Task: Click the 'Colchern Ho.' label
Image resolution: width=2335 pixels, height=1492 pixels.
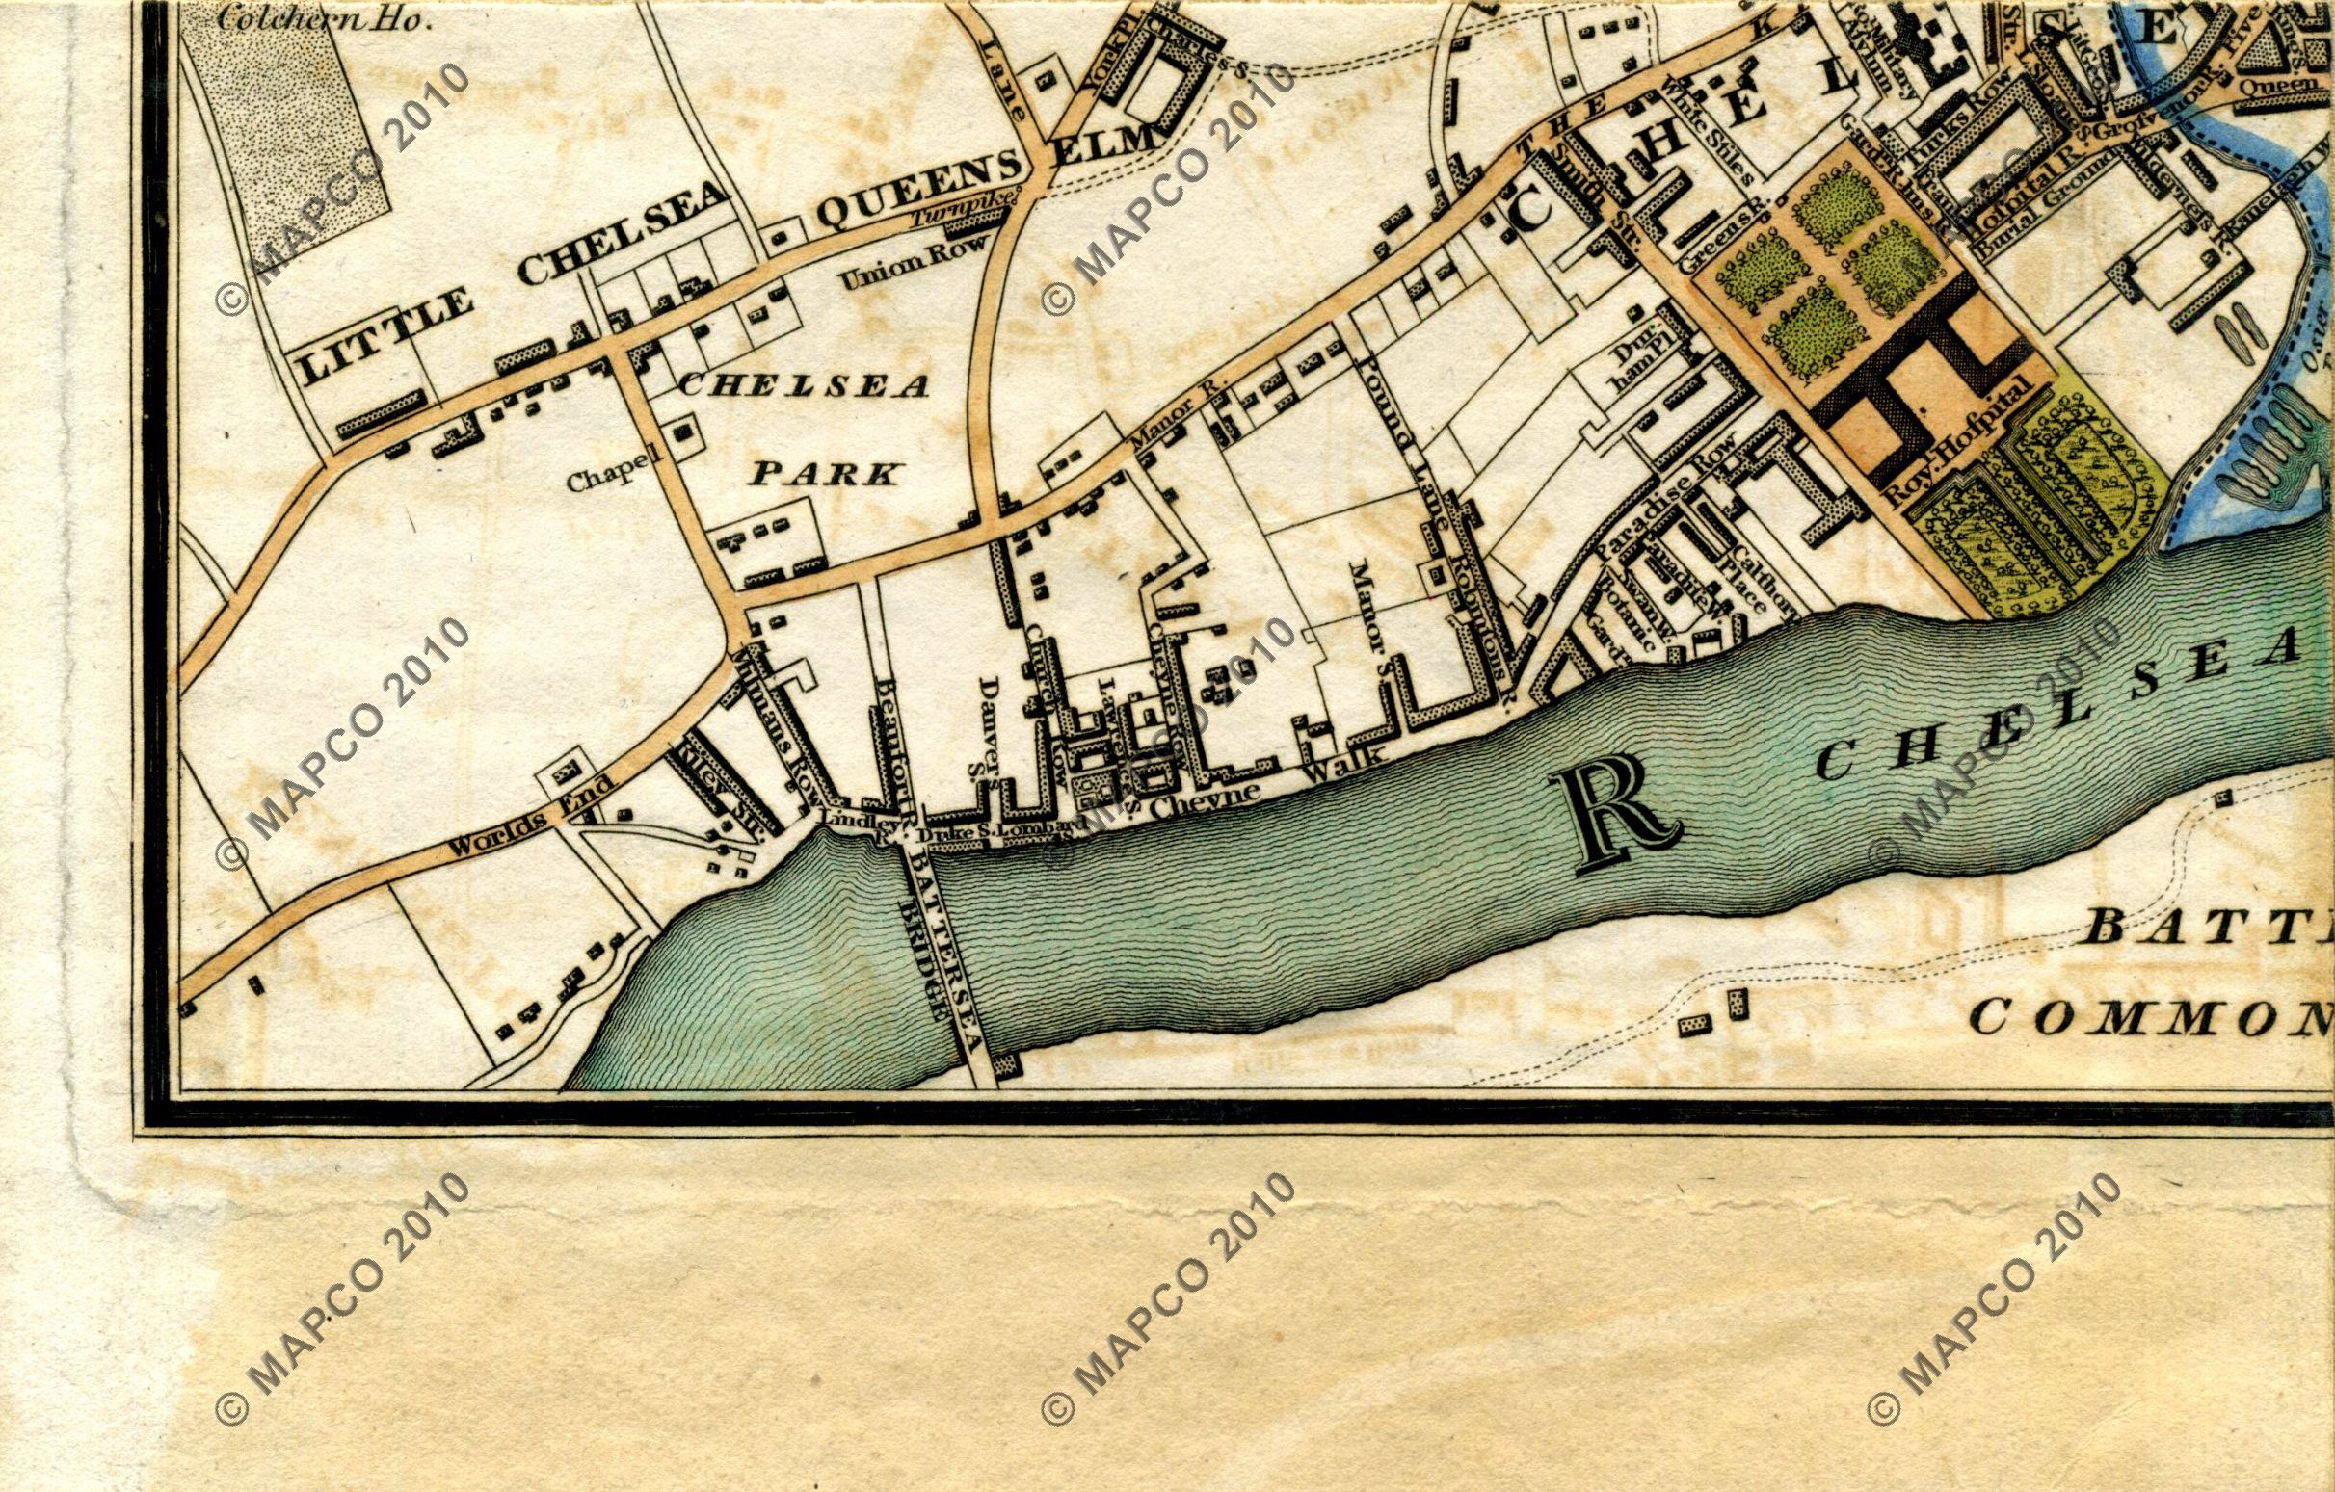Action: [324, 20]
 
